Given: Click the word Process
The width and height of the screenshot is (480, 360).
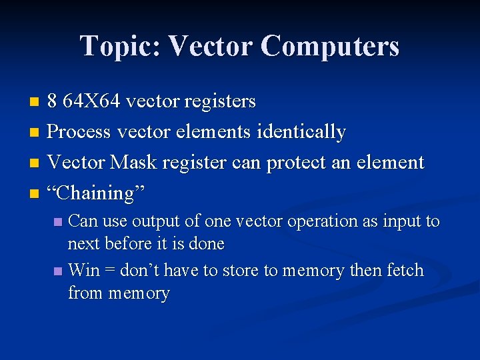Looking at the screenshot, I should point(79,132).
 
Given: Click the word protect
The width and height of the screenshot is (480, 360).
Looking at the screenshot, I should point(300,163).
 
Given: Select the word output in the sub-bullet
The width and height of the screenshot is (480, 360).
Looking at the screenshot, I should point(155,221).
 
